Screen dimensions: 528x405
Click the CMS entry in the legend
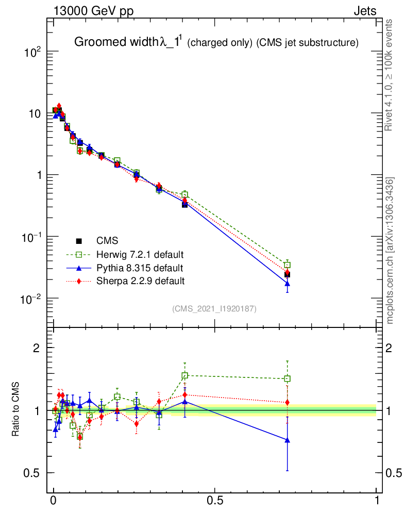click(107, 240)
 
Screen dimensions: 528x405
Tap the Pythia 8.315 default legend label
click(139, 268)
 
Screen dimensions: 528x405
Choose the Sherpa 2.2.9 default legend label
click(140, 281)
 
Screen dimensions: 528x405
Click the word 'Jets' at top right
click(364, 11)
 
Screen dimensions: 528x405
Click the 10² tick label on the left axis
click(31, 52)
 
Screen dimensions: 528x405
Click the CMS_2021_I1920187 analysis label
click(214, 308)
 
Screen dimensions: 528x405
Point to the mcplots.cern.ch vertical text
click(391, 250)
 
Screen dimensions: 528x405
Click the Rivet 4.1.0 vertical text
click(391, 75)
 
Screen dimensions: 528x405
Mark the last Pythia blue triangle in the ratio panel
click(287, 440)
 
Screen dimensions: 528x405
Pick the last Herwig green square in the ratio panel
click(287, 378)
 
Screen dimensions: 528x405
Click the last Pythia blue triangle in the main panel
click(287, 284)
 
